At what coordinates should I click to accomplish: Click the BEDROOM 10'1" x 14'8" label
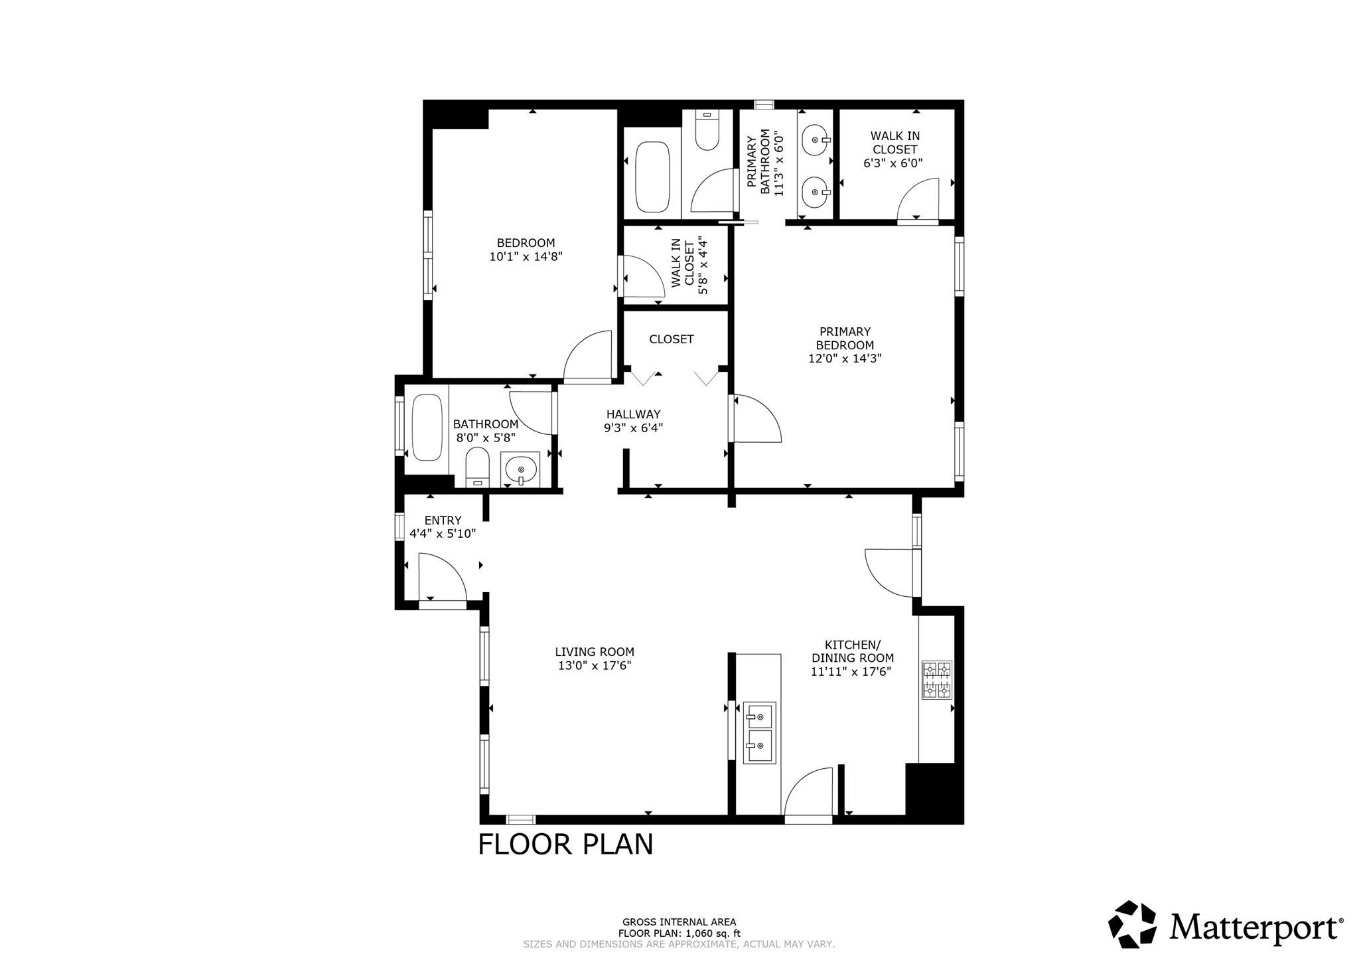(526, 250)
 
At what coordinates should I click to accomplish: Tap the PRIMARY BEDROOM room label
(844, 338)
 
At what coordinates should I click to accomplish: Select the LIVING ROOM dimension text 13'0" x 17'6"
(594, 665)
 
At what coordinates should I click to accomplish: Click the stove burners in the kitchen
(936, 680)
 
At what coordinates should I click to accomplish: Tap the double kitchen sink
(758, 733)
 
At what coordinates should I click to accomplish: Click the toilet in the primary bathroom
(707, 131)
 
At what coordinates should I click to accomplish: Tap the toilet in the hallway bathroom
(477, 467)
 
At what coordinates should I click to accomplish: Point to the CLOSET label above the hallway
(671, 339)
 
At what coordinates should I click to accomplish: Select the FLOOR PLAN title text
(565, 844)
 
